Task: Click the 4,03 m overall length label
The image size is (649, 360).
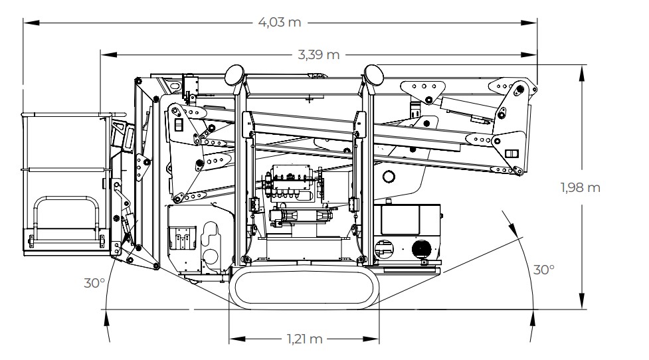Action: point(279,22)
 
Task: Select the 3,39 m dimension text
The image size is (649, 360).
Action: point(319,54)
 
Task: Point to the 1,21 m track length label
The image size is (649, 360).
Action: point(305,339)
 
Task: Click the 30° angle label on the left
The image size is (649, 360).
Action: point(94,283)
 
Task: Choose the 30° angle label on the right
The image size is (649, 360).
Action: point(544,270)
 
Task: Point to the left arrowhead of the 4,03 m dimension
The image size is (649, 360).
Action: point(30,22)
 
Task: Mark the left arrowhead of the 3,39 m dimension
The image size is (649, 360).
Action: point(105,54)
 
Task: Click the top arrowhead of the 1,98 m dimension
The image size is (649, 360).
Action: point(582,70)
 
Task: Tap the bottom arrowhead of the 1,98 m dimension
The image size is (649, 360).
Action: point(582,304)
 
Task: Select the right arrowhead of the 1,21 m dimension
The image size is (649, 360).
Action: point(375,339)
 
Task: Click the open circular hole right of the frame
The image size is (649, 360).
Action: point(390,176)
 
